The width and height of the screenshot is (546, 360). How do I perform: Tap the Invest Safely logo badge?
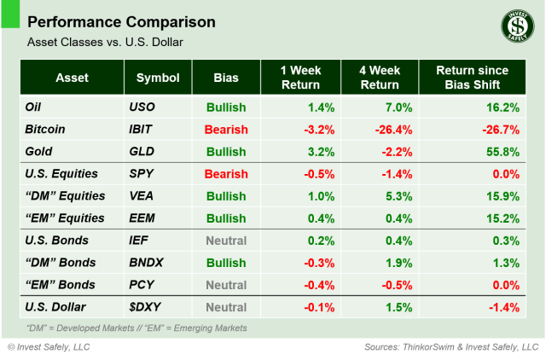514,27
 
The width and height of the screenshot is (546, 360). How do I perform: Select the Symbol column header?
157,78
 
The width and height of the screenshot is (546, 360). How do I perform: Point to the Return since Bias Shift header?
472,78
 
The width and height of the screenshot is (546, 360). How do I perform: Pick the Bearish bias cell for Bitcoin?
225,130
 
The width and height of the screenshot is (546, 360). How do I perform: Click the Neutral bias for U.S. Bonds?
225,241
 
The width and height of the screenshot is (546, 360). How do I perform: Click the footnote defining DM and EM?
136,328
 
